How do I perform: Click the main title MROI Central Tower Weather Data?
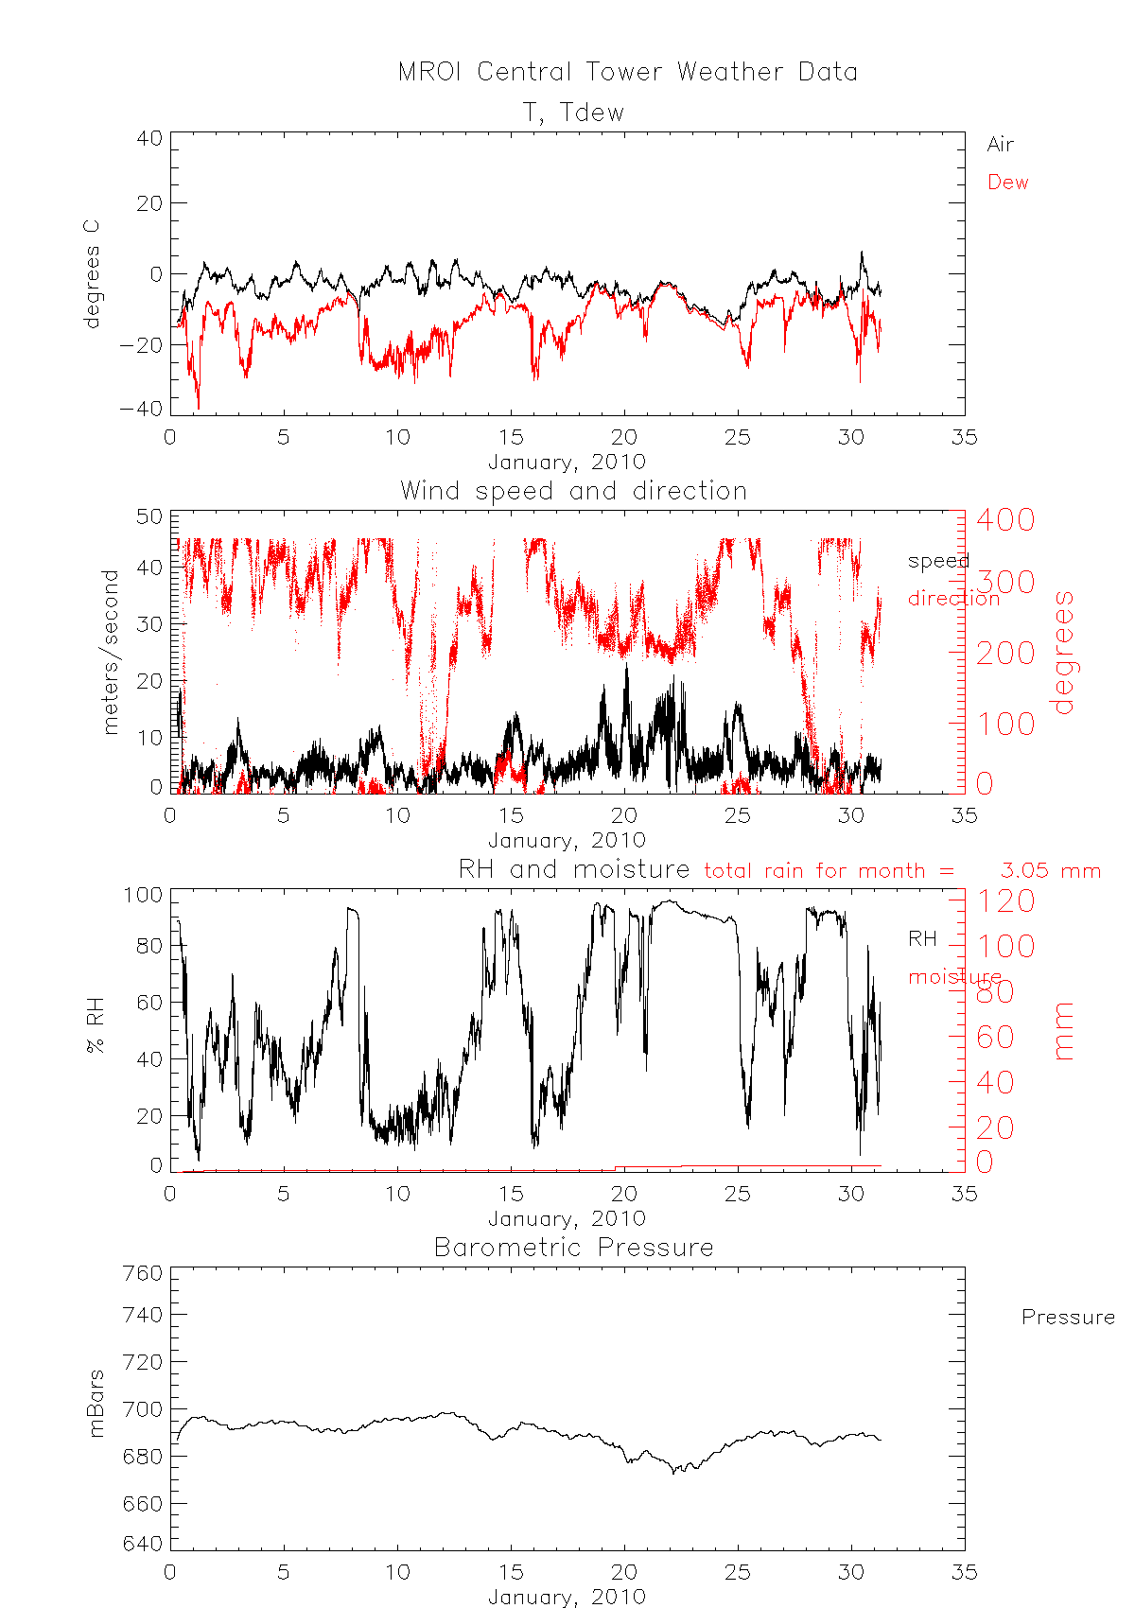coord(627,72)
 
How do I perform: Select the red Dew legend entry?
coord(1007,183)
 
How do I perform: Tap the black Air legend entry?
coord(1000,145)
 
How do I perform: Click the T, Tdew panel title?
coord(574,113)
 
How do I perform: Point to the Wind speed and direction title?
coord(573,491)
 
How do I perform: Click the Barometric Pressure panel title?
coord(573,1248)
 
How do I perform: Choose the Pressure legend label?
coord(1067,1318)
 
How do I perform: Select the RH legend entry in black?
coord(922,938)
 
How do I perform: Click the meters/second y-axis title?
coord(112,652)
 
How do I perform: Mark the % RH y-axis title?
coord(95,1025)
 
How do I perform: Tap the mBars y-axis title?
coord(96,1404)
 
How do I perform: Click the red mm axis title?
coord(1065,1031)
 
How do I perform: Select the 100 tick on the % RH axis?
coord(143,895)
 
